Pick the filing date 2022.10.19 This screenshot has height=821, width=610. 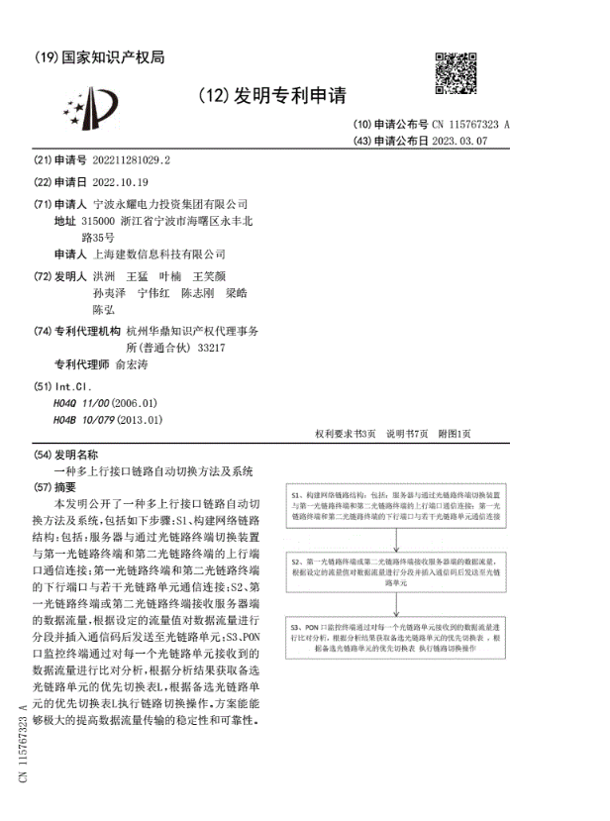point(119,181)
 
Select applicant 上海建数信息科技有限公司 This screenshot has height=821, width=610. point(158,254)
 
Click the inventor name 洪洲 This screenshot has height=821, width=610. point(104,275)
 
